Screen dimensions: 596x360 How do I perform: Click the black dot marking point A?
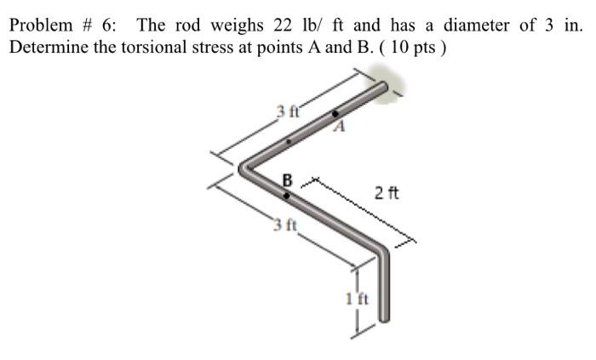(335, 113)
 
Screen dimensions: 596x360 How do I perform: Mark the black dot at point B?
(286, 195)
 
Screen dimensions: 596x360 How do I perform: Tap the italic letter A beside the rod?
(340, 129)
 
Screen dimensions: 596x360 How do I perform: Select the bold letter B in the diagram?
(287, 180)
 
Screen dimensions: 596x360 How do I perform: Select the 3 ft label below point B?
(284, 226)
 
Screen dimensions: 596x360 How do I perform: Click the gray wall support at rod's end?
(395, 89)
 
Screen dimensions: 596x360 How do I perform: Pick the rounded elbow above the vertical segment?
(381, 249)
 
